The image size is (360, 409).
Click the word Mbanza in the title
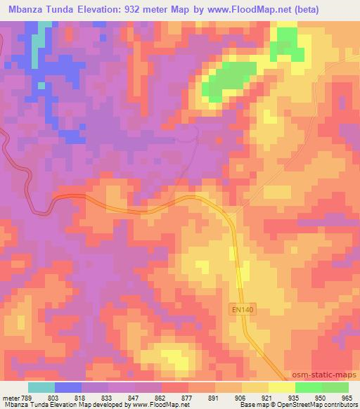tap(26, 9)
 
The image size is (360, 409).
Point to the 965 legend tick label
tap(347, 397)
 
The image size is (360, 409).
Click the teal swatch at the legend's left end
tap(41, 387)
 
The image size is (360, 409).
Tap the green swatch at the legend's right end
tap(335, 387)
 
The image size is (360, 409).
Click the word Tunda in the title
tap(68, 9)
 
